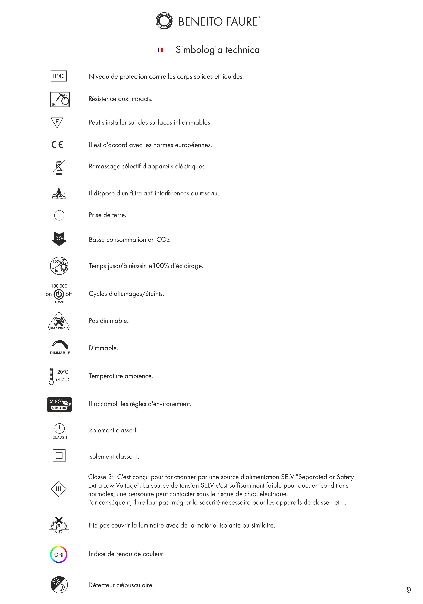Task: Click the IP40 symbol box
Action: [59, 76]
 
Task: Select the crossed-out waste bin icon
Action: [59, 167]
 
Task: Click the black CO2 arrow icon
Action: [59, 239]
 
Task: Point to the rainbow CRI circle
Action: [59, 554]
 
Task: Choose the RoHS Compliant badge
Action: [59, 404]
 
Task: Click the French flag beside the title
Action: [160, 50]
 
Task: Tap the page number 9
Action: [409, 590]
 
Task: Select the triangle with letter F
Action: [57, 122]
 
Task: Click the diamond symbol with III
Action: [58, 489]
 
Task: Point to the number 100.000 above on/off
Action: [59, 286]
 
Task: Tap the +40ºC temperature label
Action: [62, 379]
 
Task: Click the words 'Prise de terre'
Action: [107, 215]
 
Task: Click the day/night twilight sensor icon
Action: [59, 585]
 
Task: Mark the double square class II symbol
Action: [59, 455]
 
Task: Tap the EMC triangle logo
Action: [59, 193]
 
